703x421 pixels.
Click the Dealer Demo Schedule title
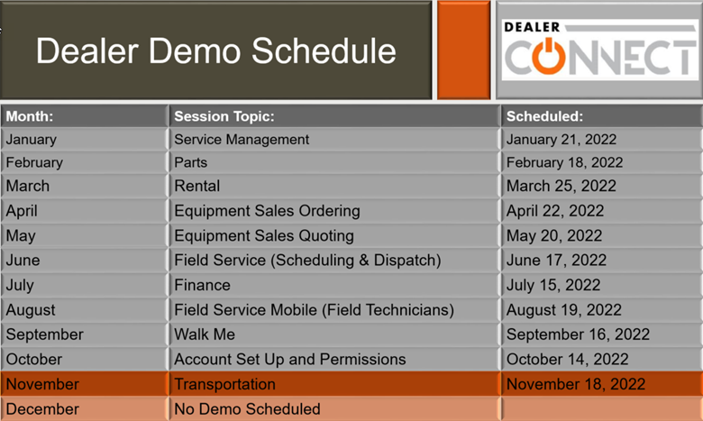[x=215, y=50]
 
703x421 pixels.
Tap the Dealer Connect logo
[x=600, y=50]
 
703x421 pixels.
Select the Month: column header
[x=29, y=116]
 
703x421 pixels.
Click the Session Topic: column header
[x=224, y=116]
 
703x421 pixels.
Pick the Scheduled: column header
[x=544, y=116]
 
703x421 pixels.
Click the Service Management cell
[x=242, y=140]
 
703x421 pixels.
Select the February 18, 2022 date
[x=564, y=162]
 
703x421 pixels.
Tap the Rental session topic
[x=197, y=186]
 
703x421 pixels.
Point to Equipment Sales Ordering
[x=267, y=211]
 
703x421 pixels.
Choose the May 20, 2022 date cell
[x=554, y=236]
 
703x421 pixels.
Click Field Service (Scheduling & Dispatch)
[x=307, y=261]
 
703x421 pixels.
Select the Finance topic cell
[x=202, y=285]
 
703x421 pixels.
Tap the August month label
[x=31, y=310]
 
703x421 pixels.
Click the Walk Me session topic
[x=205, y=334]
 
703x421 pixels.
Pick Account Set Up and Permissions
[x=290, y=360]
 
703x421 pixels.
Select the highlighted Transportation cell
[x=224, y=384]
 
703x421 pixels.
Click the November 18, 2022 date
[x=576, y=384]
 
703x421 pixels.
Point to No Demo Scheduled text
[x=247, y=409]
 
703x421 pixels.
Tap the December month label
[x=42, y=409]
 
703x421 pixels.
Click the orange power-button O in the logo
[x=548, y=56]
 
